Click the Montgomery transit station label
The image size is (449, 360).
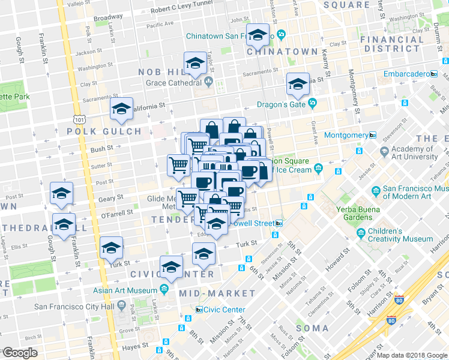(346, 135)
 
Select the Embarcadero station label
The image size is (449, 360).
(407, 74)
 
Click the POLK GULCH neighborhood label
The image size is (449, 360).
(104, 131)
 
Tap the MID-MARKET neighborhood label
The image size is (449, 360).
(217, 293)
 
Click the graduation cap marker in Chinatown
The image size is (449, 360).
(258, 37)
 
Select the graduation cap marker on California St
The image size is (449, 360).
(122, 109)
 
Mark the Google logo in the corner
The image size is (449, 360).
(19, 353)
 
